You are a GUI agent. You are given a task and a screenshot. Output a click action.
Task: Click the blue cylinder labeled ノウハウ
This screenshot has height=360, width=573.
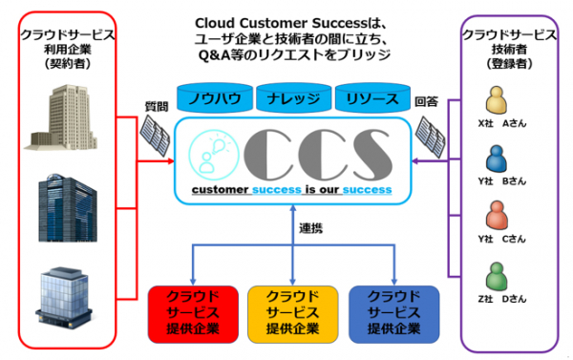215,97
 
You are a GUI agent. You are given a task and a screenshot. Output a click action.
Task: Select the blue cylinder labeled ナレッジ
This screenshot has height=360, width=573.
294,97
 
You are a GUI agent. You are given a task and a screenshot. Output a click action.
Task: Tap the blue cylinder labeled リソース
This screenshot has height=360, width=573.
372,97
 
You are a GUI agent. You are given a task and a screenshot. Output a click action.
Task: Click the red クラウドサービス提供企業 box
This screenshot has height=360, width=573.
193,314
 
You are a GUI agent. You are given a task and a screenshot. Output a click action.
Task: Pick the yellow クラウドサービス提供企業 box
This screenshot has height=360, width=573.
293,314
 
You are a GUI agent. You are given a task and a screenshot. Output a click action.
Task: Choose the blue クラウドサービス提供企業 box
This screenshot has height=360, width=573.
393,314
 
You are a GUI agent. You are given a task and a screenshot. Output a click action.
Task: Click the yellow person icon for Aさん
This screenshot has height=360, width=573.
497,100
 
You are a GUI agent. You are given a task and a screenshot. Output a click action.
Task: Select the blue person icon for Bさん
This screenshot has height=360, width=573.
497,159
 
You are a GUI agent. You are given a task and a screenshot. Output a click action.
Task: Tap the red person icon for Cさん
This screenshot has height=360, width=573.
497,216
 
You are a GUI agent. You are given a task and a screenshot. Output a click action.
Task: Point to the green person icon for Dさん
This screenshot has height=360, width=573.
497,276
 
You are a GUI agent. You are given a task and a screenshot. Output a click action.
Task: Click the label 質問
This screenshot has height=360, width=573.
157,106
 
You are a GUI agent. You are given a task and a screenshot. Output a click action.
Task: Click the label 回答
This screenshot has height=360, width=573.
426,101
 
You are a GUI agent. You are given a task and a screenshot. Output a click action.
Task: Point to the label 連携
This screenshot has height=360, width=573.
311,228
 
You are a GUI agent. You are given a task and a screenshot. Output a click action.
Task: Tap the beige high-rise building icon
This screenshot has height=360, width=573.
61,116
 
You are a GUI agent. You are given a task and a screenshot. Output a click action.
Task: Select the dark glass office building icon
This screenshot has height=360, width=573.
68,207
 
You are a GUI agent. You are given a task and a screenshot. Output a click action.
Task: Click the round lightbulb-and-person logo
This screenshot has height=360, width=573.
214,156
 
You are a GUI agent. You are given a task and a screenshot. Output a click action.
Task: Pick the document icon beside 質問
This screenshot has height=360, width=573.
155,136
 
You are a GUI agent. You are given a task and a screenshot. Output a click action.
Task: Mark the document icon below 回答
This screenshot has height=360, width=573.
431,137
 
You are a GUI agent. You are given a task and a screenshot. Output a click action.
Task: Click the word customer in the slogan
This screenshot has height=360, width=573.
220,190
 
